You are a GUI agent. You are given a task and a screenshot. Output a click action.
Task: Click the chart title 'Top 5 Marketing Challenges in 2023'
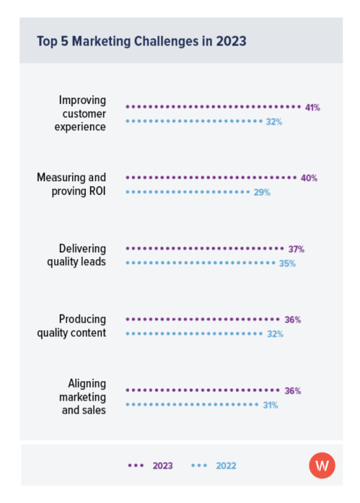(142, 41)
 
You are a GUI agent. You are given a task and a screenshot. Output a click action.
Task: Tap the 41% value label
(312, 107)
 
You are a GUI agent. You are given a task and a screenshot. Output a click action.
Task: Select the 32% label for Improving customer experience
(274, 122)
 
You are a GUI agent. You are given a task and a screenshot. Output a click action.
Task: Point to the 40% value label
(310, 178)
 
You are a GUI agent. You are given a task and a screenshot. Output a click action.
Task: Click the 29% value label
(262, 193)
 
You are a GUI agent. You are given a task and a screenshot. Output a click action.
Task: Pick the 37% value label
(296, 249)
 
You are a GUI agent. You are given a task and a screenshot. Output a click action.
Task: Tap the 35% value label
(287, 264)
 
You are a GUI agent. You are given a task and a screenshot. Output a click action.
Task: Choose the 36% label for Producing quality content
(293, 320)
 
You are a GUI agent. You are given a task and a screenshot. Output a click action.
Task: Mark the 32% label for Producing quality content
(275, 334)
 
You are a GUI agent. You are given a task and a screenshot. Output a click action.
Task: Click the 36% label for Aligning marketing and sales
(293, 391)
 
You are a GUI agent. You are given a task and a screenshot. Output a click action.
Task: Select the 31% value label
(270, 405)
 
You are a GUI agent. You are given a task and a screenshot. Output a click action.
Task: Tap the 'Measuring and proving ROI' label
(72, 184)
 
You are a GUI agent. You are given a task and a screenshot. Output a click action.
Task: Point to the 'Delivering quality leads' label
(77, 255)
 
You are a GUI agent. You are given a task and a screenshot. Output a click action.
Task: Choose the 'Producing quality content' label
(72, 326)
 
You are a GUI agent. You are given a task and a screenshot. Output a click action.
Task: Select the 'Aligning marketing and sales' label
(83, 397)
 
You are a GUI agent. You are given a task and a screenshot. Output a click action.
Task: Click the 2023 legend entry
(151, 465)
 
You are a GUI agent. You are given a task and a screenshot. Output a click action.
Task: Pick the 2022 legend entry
(214, 465)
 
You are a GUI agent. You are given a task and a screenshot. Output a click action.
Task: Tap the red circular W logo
(322, 465)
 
